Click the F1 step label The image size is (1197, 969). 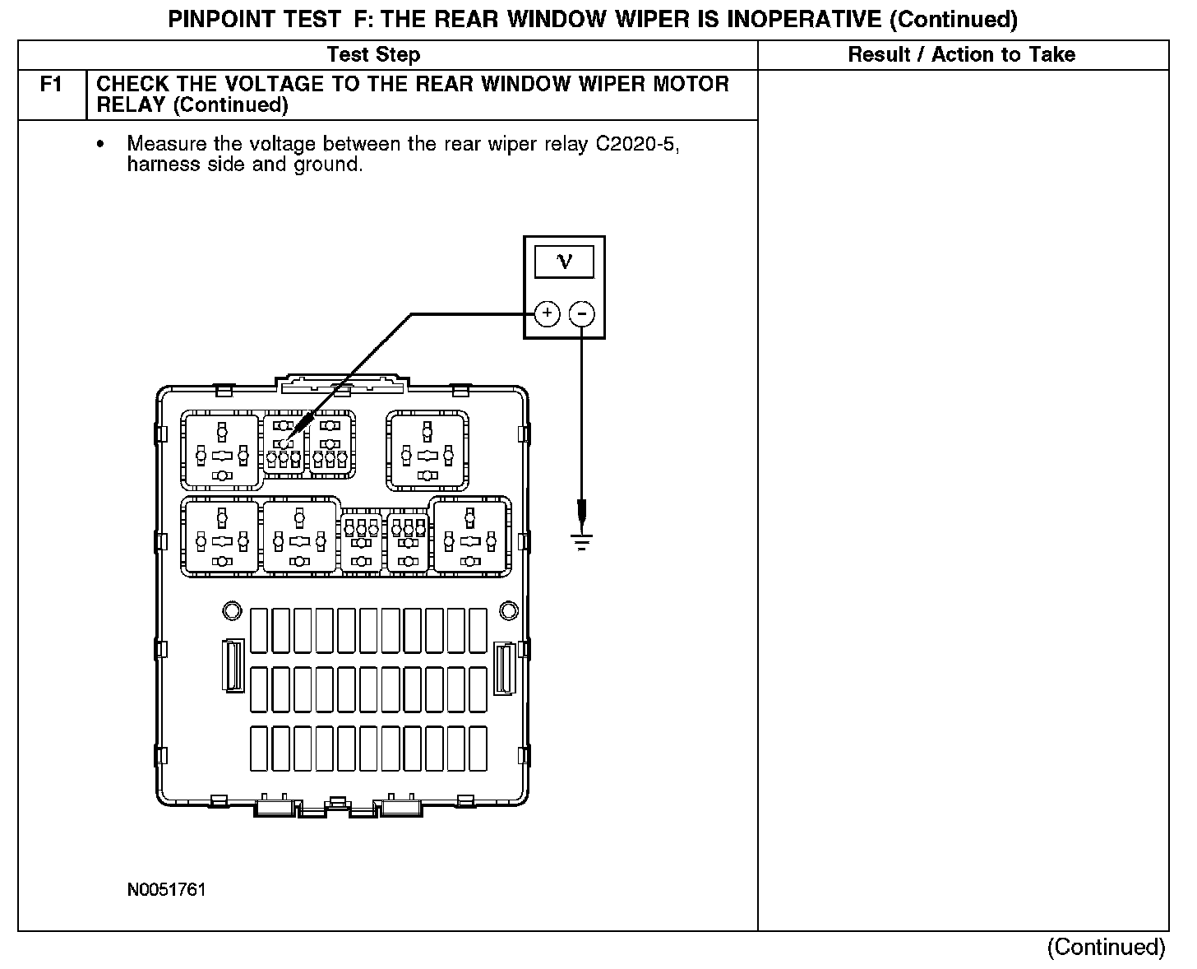[x=51, y=85]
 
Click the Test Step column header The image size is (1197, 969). [x=373, y=55]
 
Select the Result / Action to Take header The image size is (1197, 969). [x=961, y=55]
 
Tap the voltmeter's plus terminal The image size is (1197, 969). [x=547, y=313]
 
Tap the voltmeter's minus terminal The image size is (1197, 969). [x=581, y=313]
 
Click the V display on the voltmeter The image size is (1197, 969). [x=564, y=262]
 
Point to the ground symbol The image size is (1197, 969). [x=582, y=540]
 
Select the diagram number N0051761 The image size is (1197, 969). [x=166, y=890]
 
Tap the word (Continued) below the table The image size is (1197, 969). [x=1106, y=947]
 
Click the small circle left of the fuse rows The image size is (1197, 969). [x=231, y=610]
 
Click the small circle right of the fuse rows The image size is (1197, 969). [x=509, y=610]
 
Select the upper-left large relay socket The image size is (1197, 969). [x=221, y=452]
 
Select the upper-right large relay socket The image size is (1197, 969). [x=427, y=452]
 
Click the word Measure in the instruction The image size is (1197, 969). [x=167, y=144]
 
